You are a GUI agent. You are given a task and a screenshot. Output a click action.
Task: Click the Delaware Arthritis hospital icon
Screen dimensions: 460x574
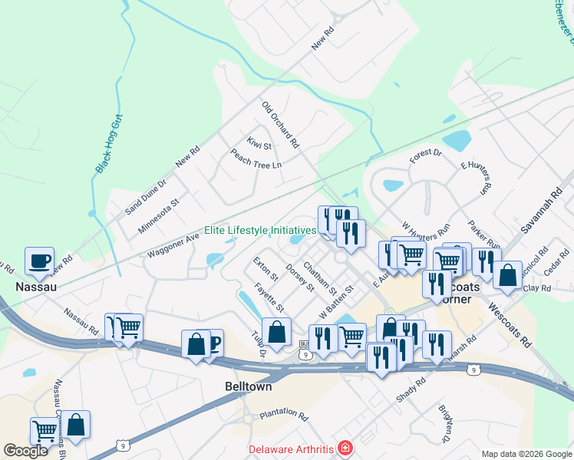[x=345, y=448]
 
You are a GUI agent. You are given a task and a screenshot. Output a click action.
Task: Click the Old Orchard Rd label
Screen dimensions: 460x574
[x=280, y=124]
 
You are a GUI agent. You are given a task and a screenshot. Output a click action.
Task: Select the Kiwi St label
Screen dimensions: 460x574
[x=259, y=143]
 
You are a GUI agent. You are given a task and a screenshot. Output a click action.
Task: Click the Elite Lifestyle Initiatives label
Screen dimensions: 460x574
[x=260, y=230]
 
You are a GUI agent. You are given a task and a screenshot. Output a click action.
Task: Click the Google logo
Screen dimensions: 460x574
[x=26, y=451]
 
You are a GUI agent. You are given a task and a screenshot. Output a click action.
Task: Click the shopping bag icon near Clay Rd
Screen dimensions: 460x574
[x=507, y=274]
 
